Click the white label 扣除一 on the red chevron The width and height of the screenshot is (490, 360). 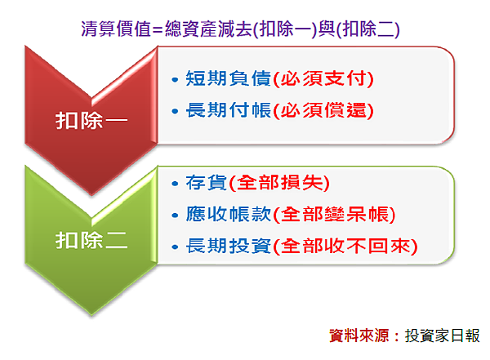coord(91,120)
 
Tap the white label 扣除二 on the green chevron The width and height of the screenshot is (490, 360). coord(91,240)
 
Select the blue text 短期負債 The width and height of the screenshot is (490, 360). coord(228,78)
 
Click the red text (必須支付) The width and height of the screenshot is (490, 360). coord(323,78)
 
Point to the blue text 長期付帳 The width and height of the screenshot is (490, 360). coord(228,110)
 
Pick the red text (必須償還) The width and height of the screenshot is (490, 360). coord(323,110)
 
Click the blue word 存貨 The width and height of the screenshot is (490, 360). coord(207,182)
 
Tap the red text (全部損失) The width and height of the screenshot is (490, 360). coord(279,183)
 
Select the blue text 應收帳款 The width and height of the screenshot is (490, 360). coord(228,214)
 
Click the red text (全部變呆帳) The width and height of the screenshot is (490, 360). coord(334,215)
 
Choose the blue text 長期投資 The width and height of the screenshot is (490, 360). coord(228,246)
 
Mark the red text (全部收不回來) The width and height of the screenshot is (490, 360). coord(345,247)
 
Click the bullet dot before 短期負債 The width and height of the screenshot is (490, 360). coord(175,80)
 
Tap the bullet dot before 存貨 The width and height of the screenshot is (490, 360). coord(175,184)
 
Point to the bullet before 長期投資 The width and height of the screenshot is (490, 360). coord(175,247)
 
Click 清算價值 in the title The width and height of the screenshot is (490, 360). coord(116,29)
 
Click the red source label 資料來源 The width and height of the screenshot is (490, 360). coord(359,336)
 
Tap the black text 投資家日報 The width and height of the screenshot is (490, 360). coord(442,336)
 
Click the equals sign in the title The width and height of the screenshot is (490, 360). coord(158,30)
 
